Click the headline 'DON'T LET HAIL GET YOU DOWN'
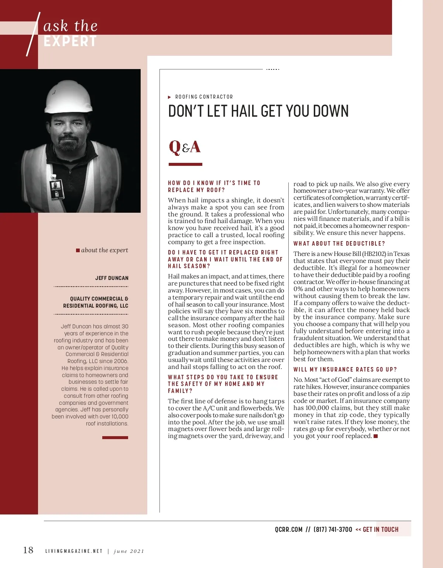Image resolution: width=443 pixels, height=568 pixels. click(258, 111)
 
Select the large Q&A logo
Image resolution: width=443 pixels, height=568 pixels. click(185, 147)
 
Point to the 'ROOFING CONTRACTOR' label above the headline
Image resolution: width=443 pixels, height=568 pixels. click(204, 97)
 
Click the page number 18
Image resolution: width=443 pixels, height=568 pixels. click(28, 550)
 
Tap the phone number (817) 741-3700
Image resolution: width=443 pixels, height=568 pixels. click(333, 530)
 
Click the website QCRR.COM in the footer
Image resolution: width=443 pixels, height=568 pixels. click(289, 530)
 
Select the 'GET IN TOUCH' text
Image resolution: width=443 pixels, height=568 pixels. click(381, 530)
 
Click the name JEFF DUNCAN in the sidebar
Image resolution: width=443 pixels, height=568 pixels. click(112, 278)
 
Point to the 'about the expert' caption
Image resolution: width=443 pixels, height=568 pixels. click(104, 250)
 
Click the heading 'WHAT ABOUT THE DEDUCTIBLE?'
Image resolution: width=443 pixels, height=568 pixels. click(339, 244)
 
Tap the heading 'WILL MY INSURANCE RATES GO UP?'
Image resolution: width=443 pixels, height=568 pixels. click(345, 370)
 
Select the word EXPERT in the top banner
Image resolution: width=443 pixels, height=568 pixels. click(70, 41)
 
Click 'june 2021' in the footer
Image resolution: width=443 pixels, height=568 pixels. click(129, 551)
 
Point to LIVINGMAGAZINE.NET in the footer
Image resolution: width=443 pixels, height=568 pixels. click(74, 551)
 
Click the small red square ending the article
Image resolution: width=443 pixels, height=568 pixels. click(376, 436)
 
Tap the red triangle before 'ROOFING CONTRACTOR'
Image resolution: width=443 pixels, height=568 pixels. click(169, 97)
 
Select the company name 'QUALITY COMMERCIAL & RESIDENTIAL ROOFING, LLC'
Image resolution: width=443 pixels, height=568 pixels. click(96, 302)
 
